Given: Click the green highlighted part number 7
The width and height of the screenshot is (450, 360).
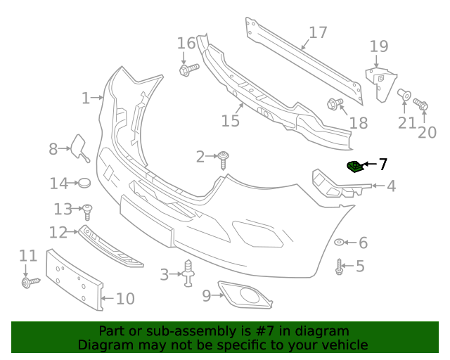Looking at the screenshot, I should [x=355, y=167].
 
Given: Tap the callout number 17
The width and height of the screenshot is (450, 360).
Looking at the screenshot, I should [x=318, y=32].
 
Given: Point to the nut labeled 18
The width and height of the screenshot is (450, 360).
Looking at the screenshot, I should [x=334, y=105].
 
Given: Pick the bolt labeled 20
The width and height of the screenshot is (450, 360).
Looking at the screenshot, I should [x=422, y=105].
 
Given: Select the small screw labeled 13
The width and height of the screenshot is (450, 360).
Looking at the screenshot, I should [x=88, y=209].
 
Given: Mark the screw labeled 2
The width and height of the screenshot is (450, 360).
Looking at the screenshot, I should [x=224, y=159].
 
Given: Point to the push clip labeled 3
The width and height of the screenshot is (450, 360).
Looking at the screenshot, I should [x=188, y=274].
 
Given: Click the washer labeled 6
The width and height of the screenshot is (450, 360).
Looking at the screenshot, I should [x=339, y=243].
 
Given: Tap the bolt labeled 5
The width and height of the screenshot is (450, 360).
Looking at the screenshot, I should [x=340, y=267].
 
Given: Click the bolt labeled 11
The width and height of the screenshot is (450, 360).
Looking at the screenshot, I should [x=30, y=282].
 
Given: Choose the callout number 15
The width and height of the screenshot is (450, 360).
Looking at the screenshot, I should [x=230, y=121].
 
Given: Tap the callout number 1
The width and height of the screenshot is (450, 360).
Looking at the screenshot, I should [x=85, y=98].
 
